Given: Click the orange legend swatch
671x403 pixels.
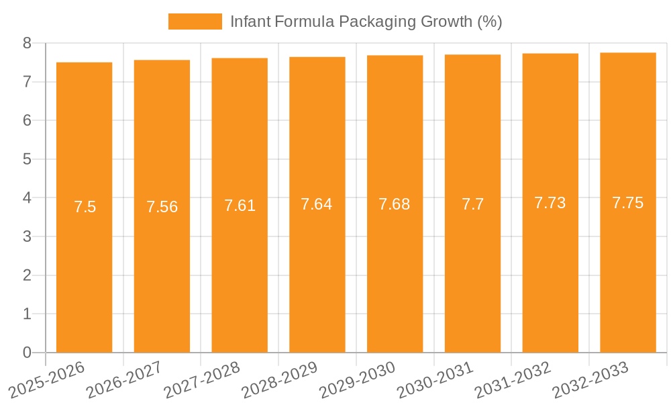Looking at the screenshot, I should click(195, 21).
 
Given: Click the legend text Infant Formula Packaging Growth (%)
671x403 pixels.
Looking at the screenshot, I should click(366, 21).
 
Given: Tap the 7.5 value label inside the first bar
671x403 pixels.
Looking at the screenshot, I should click(85, 207).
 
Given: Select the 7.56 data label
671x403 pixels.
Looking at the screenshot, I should click(162, 207).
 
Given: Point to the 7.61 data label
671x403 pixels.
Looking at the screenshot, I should click(240, 206).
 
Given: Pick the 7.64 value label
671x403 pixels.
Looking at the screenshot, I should click(317, 204).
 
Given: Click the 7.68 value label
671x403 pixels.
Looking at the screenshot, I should click(395, 204).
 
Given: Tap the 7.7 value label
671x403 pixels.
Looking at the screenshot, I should click(472, 204).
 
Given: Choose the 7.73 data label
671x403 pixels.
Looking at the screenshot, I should click(550, 203).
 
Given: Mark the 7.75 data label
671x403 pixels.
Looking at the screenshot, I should click(628, 203).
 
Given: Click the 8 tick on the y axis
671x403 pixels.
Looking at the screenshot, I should click(27, 43).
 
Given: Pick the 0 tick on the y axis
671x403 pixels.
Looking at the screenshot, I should click(27, 353).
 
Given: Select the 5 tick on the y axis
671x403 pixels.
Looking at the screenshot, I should click(27, 159).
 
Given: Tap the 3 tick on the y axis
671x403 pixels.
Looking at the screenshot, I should click(27, 236).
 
